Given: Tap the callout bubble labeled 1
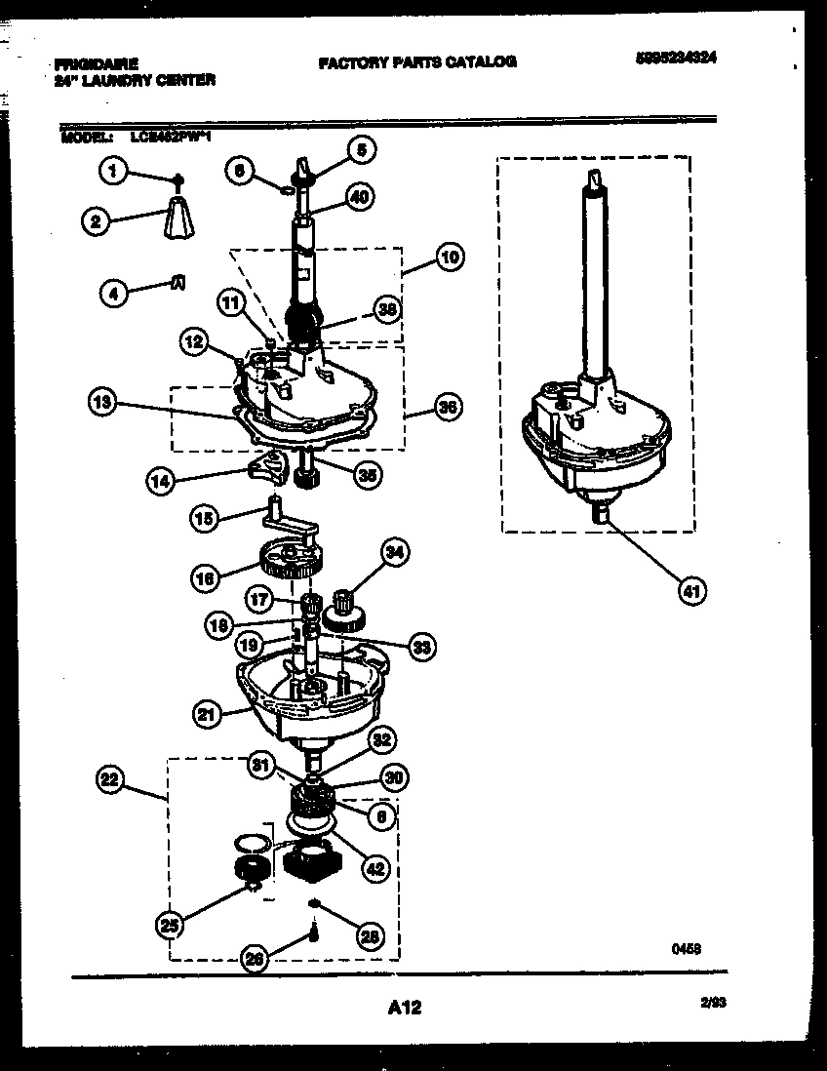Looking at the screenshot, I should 113,173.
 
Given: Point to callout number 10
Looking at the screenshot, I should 449,258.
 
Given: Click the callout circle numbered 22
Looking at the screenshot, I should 112,778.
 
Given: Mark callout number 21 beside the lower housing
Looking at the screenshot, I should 206,715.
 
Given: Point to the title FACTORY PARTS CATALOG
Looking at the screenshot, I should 416,61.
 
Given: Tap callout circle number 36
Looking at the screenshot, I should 449,408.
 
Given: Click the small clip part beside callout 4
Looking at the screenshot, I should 177,282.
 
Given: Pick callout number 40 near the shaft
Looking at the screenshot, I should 359,196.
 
